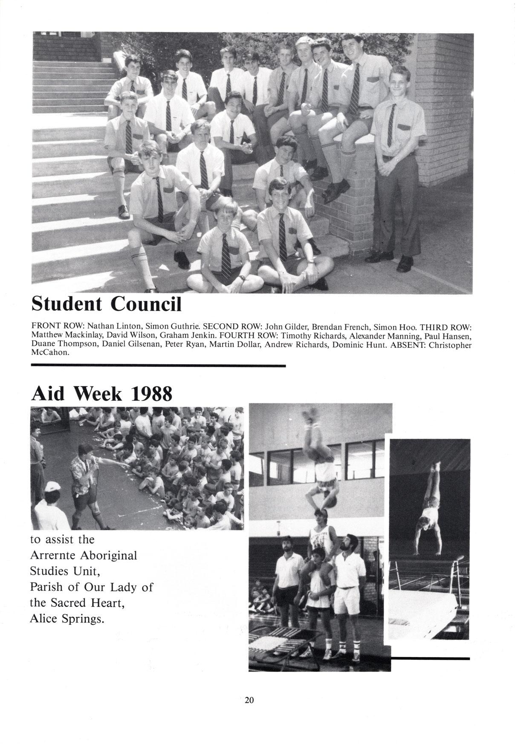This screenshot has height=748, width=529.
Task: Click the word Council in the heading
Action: click(146, 304)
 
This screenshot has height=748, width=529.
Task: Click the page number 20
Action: click(249, 699)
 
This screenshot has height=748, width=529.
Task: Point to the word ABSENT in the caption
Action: click(409, 345)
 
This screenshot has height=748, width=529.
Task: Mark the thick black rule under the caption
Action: click(158, 365)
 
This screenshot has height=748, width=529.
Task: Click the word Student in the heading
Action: click(67, 304)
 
